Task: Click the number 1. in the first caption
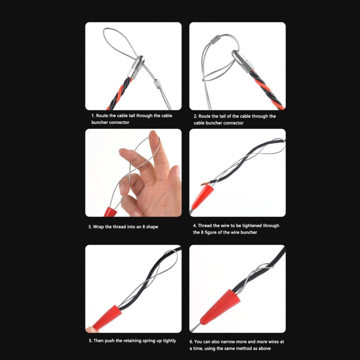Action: (x=93, y=116)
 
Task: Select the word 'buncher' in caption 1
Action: (x=101, y=123)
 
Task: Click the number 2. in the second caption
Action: (x=196, y=116)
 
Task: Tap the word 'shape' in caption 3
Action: (x=151, y=227)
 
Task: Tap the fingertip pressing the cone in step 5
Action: (x=90, y=328)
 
